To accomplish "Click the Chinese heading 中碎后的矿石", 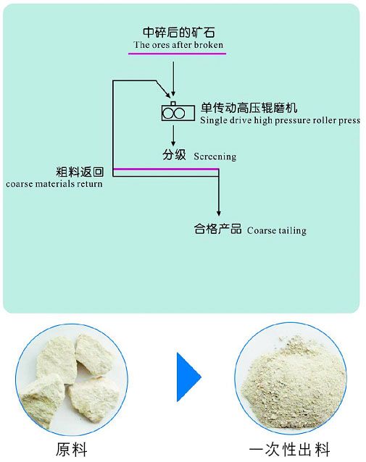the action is (x=179, y=32).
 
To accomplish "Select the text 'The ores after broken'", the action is (x=178, y=45).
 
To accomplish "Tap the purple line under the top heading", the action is (x=177, y=54).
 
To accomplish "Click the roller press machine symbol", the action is (x=178, y=112).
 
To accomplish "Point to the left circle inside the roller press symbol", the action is (x=168, y=113).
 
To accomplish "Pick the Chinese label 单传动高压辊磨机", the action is (x=249, y=108).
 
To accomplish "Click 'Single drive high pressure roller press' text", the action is (x=280, y=120).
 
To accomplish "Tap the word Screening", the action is (x=215, y=156).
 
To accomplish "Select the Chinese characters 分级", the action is (x=174, y=155).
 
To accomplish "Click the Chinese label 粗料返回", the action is (x=80, y=172).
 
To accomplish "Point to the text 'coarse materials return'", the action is (x=54, y=184).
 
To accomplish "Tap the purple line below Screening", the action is (x=166, y=169).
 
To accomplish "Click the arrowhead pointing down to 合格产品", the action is (x=219, y=214).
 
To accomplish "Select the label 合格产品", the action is (x=217, y=229).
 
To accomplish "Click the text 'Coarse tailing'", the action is (x=277, y=230).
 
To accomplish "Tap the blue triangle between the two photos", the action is (x=188, y=377).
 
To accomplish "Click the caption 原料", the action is (x=72, y=450).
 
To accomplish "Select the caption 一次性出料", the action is (x=289, y=450).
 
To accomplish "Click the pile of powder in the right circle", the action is (x=293, y=383).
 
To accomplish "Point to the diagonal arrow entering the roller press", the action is (x=163, y=89).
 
